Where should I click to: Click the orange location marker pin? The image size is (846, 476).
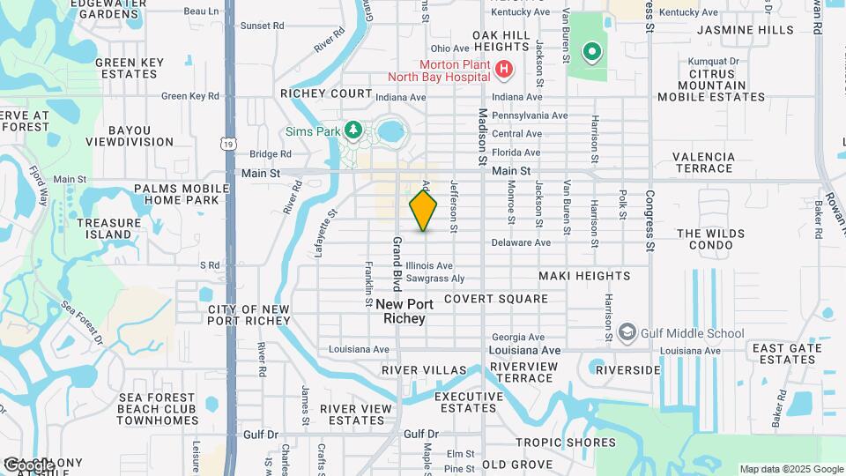click(423, 210)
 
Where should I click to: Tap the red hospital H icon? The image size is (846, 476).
click(503, 69)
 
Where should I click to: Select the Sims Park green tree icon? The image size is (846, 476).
click(353, 130)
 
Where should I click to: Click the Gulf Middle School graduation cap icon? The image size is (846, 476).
click(627, 332)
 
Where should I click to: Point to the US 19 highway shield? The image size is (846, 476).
click(229, 143)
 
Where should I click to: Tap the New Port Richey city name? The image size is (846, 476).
click(405, 311)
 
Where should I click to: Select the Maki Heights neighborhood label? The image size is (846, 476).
click(584, 276)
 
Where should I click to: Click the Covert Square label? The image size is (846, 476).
click(495, 299)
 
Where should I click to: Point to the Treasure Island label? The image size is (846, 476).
click(109, 228)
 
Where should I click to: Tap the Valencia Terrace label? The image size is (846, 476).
click(703, 162)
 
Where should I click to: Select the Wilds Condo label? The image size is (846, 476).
click(710, 239)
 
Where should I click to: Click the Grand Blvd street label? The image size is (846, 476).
click(397, 263)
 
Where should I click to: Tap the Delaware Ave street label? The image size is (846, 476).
click(521, 242)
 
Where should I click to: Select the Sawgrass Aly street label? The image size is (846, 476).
click(435, 279)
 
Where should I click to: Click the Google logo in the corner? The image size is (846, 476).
click(28, 465)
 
